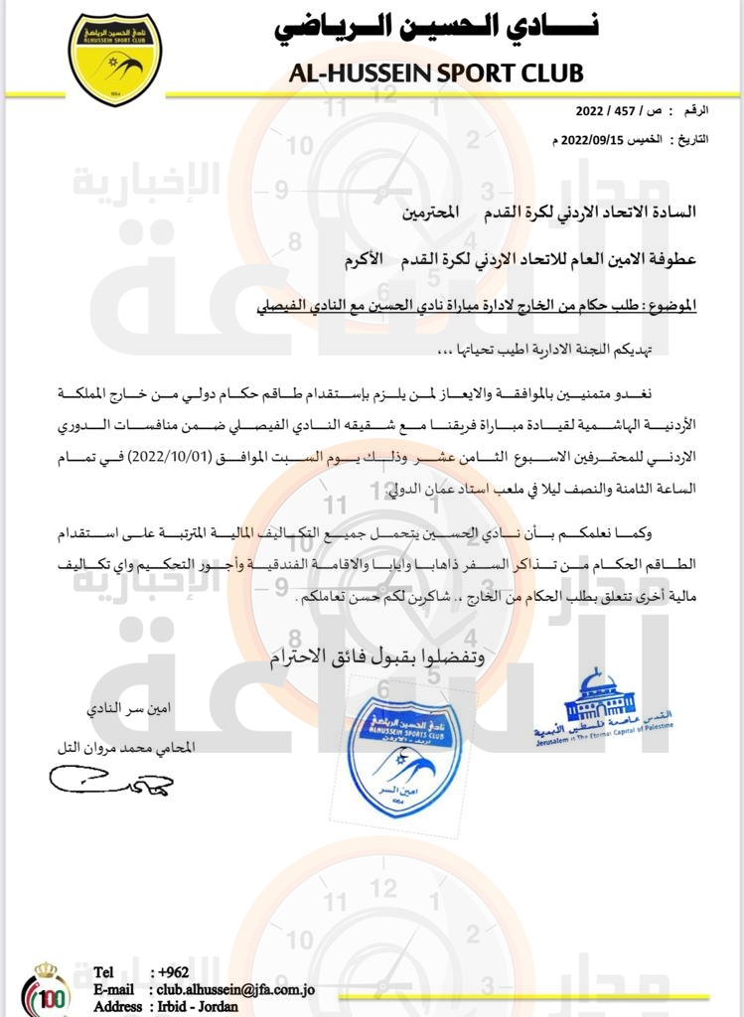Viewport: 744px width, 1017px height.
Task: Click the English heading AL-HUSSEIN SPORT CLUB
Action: (x=436, y=73)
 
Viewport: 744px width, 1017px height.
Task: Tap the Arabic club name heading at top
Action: (x=436, y=27)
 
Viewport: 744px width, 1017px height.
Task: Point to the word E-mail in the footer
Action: (x=114, y=989)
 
